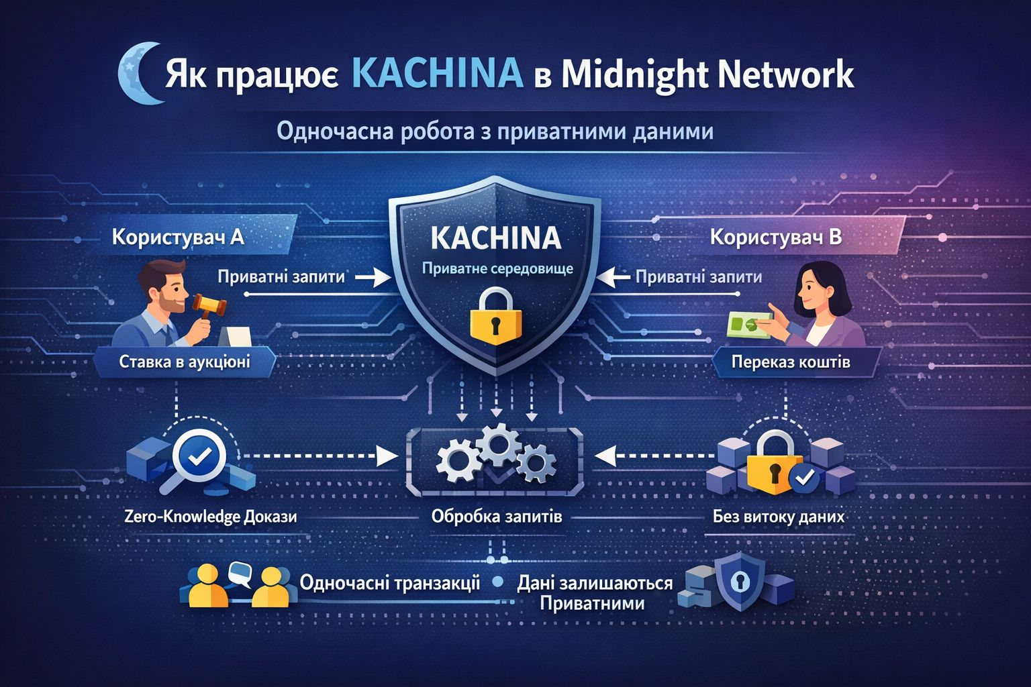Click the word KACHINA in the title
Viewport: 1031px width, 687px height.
coord(436,73)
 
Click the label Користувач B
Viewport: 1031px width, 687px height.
coord(775,237)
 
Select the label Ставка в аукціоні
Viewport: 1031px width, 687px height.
coord(185,362)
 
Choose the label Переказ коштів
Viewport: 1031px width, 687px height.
coord(791,363)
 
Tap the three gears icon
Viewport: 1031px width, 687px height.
coord(496,457)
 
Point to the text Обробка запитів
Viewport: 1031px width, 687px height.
coord(497,517)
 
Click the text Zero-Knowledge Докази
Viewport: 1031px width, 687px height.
coord(211,517)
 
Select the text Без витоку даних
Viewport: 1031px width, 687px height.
coord(779,517)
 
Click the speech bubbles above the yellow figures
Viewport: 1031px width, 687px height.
coord(239,572)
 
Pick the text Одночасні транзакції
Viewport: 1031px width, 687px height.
coord(390,582)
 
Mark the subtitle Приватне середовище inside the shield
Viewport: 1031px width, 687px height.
coord(497,269)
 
